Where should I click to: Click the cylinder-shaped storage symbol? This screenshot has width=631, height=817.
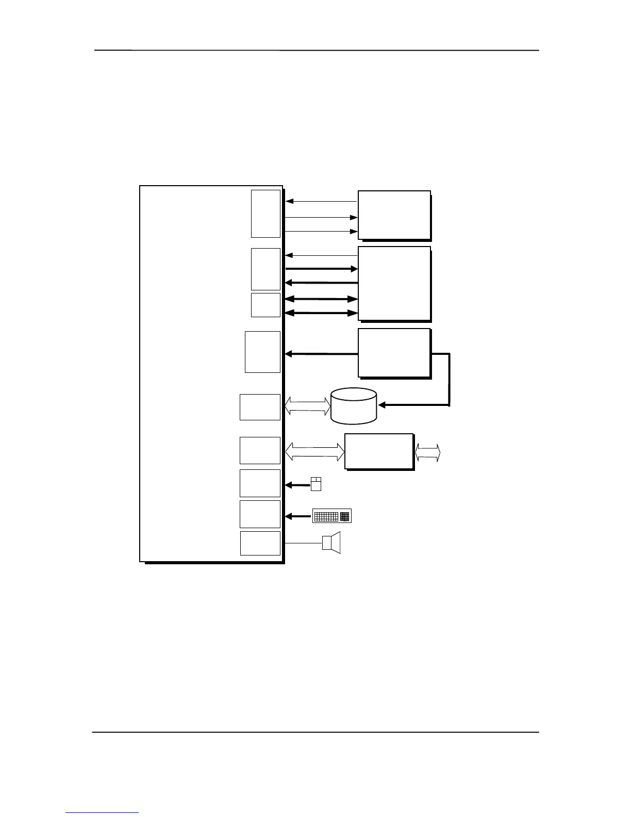click(354, 406)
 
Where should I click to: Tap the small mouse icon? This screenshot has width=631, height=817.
click(316, 484)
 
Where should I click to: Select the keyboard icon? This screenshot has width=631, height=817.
click(332, 516)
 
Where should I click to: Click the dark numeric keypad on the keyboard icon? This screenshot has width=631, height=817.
click(345, 516)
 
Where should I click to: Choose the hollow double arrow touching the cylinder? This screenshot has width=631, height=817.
click(308, 406)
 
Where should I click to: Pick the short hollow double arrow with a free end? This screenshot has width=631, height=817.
click(428, 453)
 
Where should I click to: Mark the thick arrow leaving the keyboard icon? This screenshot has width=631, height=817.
click(299, 516)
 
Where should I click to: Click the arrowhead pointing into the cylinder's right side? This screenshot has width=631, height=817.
click(383, 405)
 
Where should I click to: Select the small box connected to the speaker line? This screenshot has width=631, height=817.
click(260, 543)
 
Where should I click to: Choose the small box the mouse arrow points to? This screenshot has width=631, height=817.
click(260, 483)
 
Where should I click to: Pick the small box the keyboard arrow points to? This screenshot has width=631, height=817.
click(260, 514)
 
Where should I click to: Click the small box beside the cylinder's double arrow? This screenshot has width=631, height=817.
click(260, 407)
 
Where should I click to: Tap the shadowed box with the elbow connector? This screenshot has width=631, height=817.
click(394, 353)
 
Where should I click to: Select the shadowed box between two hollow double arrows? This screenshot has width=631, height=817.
click(379, 452)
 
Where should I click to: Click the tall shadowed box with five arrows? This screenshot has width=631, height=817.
click(394, 283)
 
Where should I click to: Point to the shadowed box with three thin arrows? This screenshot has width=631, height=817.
click(394, 215)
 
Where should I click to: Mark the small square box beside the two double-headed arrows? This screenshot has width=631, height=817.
click(265, 305)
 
